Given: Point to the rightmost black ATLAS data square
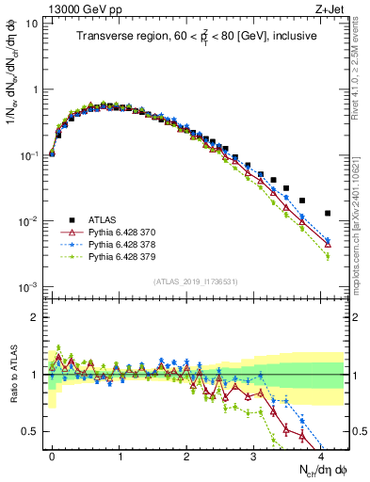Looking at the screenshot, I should (x=328, y=214).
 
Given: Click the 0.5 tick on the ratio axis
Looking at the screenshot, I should (x=30, y=431).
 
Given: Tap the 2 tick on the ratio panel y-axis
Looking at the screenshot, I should (x=35, y=316).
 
